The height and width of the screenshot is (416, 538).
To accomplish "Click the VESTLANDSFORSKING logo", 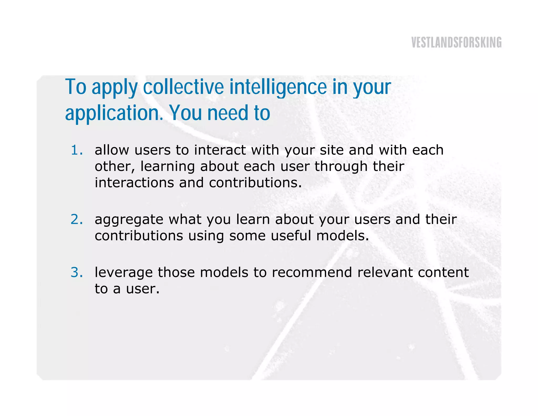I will (456, 42).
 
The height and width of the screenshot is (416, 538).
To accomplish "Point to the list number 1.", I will (76, 150).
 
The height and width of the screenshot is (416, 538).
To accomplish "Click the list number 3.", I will (76, 272).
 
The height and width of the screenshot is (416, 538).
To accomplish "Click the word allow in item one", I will (112, 150).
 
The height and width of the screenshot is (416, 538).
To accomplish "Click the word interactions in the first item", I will (134, 183).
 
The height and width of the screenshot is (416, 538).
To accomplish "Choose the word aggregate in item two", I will (129, 220).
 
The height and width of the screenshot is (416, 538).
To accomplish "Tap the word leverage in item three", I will (123, 273).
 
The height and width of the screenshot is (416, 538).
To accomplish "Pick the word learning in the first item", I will (167, 167).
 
